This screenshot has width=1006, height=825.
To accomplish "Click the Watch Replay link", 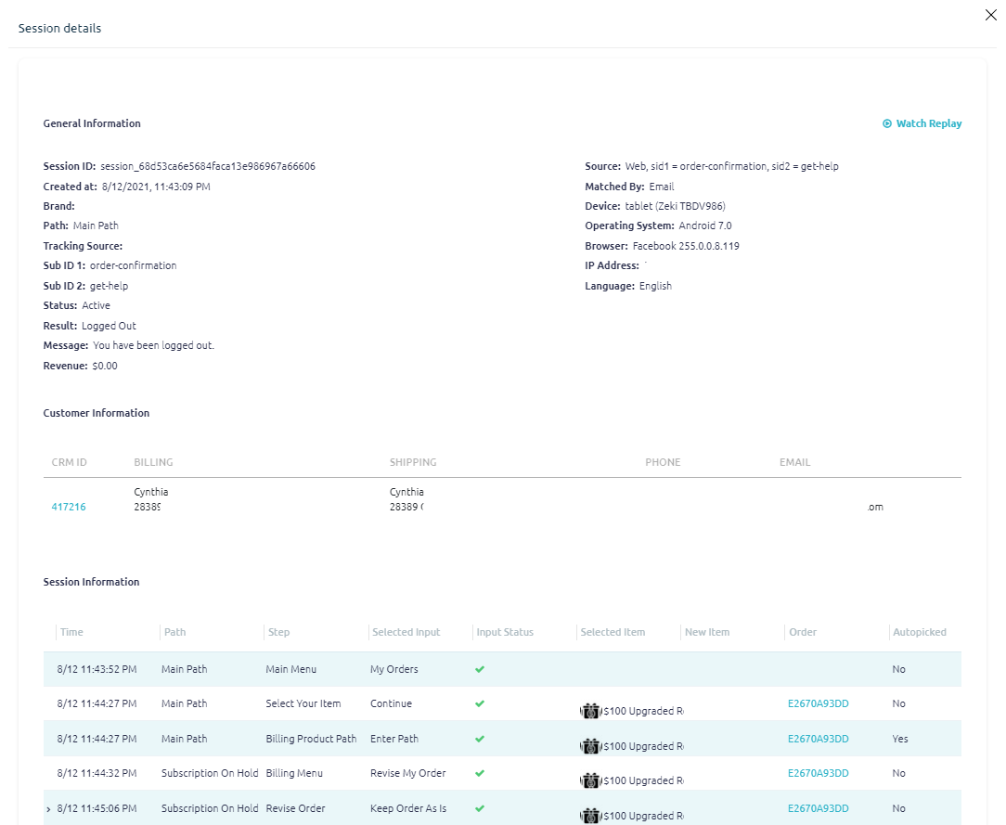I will pyautogui.click(x=922, y=123).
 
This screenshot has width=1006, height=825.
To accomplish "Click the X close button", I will pyautogui.click(x=990, y=15).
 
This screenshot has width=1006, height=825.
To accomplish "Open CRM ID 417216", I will pyautogui.click(x=69, y=507).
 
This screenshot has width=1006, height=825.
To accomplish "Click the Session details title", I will pyautogui.click(x=59, y=28).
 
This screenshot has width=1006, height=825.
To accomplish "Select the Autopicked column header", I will pyautogui.click(x=919, y=632).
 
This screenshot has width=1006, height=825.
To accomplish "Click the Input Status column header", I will pyautogui.click(x=505, y=632).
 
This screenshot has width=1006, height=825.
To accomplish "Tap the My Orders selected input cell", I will pyautogui.click(x=393, y=669).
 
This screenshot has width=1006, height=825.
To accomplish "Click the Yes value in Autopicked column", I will pyautogui.click(x=900, y=739).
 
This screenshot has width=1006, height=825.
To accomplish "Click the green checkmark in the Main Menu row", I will pyautogui.click(x=480, y=669).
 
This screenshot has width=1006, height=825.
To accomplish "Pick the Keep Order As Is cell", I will pyautogui.click(x=407, y=808).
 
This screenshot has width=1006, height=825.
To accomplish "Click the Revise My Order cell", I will pyautogui.click(x=407, y=773).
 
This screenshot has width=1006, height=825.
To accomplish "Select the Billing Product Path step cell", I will pyautogui.click(x=311, y=739).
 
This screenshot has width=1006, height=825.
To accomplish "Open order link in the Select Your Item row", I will pyautogui.click(x=818, y=703).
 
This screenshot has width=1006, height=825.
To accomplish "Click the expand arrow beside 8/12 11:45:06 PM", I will pyautogui.click(x=48, y=809).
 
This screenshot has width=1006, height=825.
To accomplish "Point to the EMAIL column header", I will pyautogui.click(x=794, y=462).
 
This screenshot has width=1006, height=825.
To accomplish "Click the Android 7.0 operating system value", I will pyautogui.click(x=704, y=226).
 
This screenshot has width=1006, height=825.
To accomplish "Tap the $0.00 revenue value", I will pyautogui.click(x=104, y=366).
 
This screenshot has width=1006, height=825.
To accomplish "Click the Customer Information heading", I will pyautogui.click(x=97, y=413).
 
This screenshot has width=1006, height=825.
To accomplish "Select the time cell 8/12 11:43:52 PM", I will pyautogui.click(x=97, y=669).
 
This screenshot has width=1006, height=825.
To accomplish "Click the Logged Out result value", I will pyautogui.click(x=109, y=326).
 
